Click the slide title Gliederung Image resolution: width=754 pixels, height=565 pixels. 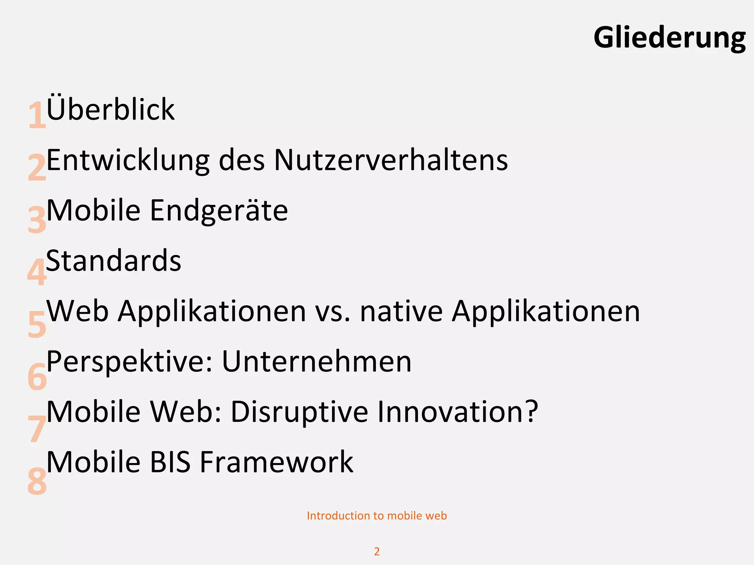coord(669,38)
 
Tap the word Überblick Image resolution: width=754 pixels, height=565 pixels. coord(110,109)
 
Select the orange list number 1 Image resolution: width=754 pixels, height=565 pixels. coord(37,116)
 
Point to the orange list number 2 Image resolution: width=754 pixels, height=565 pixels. coord(37,168)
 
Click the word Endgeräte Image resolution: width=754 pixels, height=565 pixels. coord(219,210)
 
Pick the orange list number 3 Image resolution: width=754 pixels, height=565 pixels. coord(37,220)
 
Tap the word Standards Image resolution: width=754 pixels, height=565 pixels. coord(113,260)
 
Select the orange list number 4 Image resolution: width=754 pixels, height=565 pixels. coord(37,272)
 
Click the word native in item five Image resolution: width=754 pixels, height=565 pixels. coord(401,311)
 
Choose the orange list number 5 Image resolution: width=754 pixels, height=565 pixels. coord(37,324)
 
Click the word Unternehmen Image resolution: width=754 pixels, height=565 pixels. coord(317,362)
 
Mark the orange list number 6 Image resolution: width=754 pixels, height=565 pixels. coord(37,376)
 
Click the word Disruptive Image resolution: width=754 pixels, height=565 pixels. coord(299,412)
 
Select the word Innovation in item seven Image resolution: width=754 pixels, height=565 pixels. coord(458,412)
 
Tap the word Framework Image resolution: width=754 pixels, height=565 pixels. coord(276,462)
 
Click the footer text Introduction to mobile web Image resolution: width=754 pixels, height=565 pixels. coord(377,516)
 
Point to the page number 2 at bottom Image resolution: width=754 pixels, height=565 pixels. coord(377,551)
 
